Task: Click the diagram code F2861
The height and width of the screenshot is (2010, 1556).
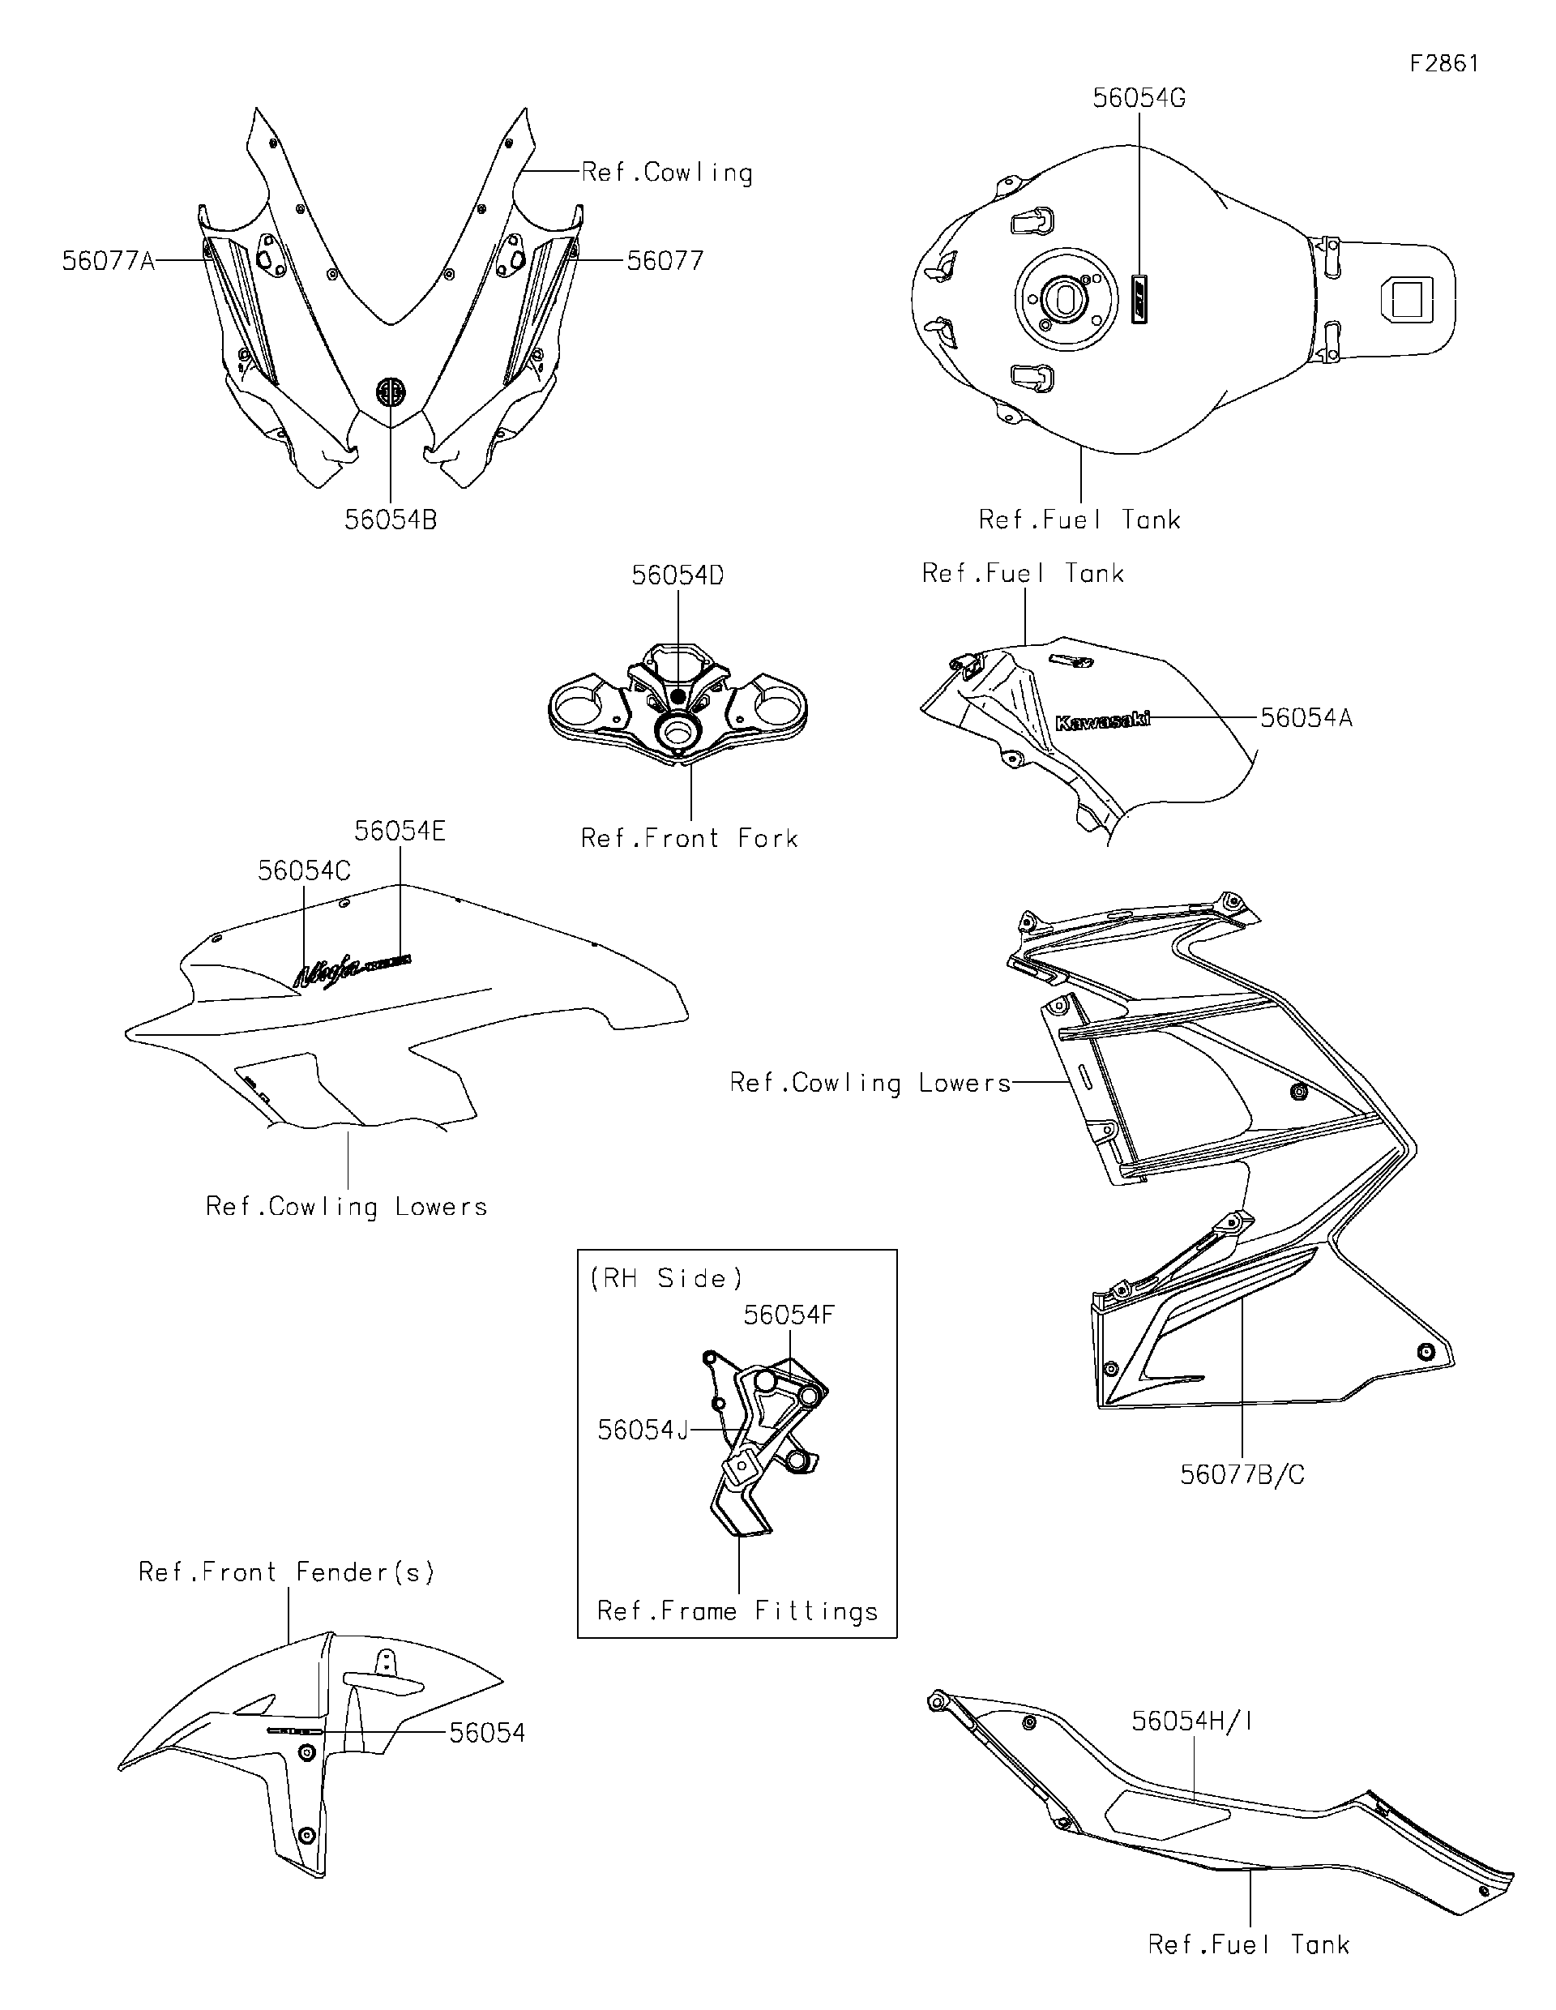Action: [1443, 63]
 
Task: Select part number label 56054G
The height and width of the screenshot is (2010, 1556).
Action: [1139, 99]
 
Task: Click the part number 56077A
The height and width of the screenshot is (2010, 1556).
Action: [109, 261]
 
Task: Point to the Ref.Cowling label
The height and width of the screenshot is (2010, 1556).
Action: [666, 173]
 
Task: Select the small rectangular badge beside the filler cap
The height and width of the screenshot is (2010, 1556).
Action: [1141, 297]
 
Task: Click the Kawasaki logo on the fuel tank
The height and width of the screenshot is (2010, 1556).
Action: [1101, 721]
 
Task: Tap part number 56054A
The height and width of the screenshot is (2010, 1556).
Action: [1305, 718]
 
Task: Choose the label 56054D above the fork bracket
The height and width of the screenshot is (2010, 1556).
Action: [678, 576]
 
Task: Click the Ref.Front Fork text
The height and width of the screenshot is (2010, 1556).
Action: [689, 838]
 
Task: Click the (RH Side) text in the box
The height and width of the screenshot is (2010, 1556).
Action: [665, 1278]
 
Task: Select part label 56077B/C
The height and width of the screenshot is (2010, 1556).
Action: [1242, 1475]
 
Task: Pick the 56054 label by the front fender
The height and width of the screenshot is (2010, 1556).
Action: [487, 1734]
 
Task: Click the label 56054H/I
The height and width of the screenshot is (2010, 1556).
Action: [1191, 1722]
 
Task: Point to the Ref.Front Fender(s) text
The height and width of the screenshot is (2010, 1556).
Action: [286, 1572]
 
